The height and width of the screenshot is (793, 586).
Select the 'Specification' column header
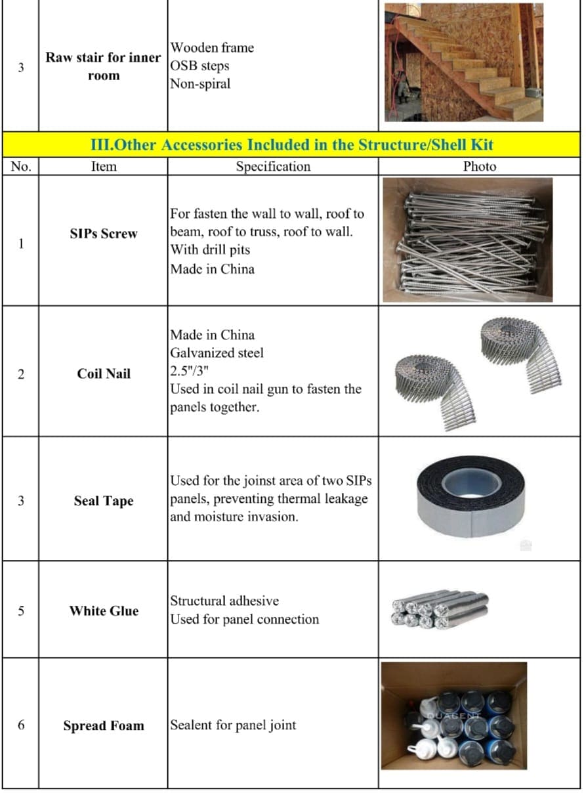[273, 167]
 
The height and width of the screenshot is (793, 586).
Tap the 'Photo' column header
[479, 167]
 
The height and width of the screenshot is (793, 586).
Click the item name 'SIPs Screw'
[104, 234]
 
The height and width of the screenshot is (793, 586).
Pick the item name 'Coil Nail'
[104, 374]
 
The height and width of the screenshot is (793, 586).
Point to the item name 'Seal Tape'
[104, 501]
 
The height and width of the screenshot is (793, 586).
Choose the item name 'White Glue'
[104, 611]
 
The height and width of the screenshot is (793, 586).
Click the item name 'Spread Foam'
[104, 725]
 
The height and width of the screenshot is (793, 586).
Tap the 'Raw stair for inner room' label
[104, 66]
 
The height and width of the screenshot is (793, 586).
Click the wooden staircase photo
[463, 62]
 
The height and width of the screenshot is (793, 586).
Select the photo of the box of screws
[467, 240]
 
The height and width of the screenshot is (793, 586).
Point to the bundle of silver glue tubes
[438, 609]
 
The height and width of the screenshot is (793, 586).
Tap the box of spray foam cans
[454, 716]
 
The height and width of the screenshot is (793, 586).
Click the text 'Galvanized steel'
[217, 353]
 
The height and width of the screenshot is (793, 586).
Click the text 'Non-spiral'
[200, 84]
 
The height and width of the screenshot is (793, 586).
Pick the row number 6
[21, 725]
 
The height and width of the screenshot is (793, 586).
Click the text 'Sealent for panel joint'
[233, 725]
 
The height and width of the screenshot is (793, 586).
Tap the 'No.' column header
[21, 167]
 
